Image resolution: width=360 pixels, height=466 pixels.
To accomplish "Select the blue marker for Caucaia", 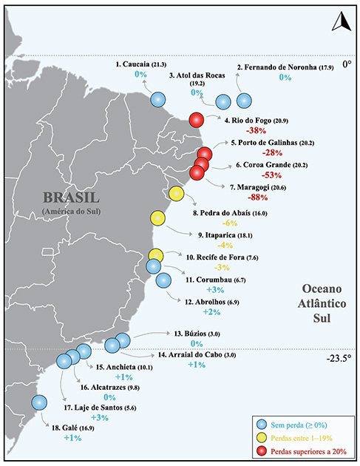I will (x=158, y=99).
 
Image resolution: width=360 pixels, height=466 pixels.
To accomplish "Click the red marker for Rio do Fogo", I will (x=197, y=121).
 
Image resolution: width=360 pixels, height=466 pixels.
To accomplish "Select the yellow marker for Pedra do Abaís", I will (x=177, y=193).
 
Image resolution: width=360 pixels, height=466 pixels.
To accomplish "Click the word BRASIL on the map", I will (x=71, y=198).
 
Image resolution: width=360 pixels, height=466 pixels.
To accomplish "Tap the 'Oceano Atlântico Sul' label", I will (x=319, y=303).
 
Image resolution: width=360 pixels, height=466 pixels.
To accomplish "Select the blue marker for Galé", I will (x=39, y=402).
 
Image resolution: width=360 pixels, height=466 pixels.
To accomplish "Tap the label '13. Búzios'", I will (x=191, y=333).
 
